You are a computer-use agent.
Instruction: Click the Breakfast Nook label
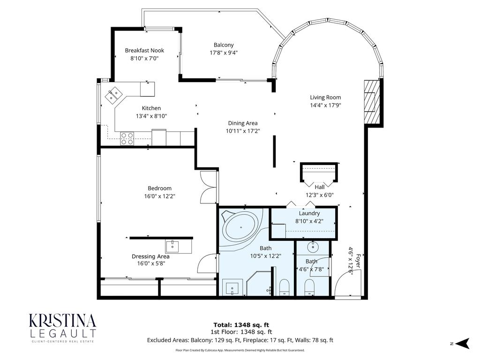[144, 51]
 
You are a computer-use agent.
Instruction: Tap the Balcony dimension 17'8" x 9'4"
[224, 53]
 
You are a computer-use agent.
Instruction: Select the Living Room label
[325, 97]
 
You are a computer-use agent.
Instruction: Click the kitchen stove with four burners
[127, 138]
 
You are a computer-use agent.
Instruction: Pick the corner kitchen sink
[112, 96]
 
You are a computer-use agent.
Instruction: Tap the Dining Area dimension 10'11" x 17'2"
[242, 131]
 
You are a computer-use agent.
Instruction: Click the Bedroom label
[159, 188]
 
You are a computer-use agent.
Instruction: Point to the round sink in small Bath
[313, 247]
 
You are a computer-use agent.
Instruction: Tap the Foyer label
[359, 261]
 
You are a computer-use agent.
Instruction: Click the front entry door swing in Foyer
[345, 286]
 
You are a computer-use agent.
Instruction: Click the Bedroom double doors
[208, 187]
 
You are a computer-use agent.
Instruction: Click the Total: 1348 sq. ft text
[241, 324]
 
